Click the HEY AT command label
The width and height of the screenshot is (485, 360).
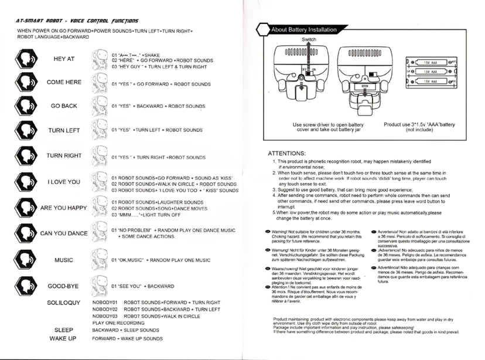point(64,59)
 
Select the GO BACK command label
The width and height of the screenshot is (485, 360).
point(64,106)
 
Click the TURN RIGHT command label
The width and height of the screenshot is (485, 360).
point(64,156)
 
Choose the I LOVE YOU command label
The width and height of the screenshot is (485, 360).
point(64,182)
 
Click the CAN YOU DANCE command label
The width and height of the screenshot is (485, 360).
point(64,233)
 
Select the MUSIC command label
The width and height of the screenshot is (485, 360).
point(64,260)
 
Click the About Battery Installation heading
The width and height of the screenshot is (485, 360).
point(304,30)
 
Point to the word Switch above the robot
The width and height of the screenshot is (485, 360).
point(309,39)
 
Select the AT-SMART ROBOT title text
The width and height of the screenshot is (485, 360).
point(77,21)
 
